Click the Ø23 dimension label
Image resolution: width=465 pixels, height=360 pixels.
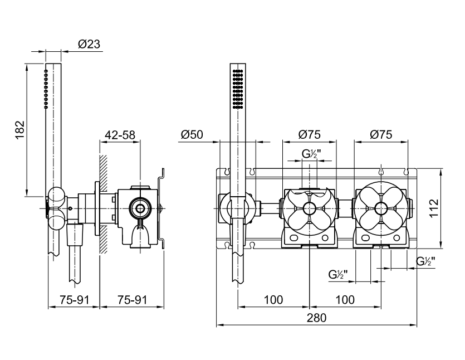click(89, 44)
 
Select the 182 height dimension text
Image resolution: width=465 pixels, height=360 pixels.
click(20, 130)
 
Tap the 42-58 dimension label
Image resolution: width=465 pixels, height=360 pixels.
click(120, 135)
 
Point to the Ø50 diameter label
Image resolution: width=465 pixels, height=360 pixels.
click(192, 134)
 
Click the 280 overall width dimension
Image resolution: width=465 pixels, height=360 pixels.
click(316, 318)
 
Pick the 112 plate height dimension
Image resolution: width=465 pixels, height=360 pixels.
click(434, 208)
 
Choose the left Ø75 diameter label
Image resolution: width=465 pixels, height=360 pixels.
click(310, 134)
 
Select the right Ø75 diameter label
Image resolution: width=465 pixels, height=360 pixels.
click(381, 134)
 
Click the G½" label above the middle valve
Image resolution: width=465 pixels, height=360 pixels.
click(312, 154)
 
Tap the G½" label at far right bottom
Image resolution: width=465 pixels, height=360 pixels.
click(426, 261)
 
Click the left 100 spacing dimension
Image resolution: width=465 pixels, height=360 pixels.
click(273, 300)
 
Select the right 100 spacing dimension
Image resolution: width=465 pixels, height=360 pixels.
click(345, 300)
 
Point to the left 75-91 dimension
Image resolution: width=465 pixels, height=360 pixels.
click(75, 300)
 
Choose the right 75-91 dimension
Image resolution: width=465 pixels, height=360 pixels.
click(133, 300)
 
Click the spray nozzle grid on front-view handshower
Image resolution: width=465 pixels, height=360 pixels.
click(238, 89)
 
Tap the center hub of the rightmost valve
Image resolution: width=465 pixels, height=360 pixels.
click(381, 208)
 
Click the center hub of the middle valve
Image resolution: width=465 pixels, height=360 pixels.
click(309, 208)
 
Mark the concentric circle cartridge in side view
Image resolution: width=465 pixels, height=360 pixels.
click(140, 208)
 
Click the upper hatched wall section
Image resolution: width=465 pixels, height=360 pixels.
click(104, 173)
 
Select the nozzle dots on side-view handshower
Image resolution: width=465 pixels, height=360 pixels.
click(46, 89)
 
